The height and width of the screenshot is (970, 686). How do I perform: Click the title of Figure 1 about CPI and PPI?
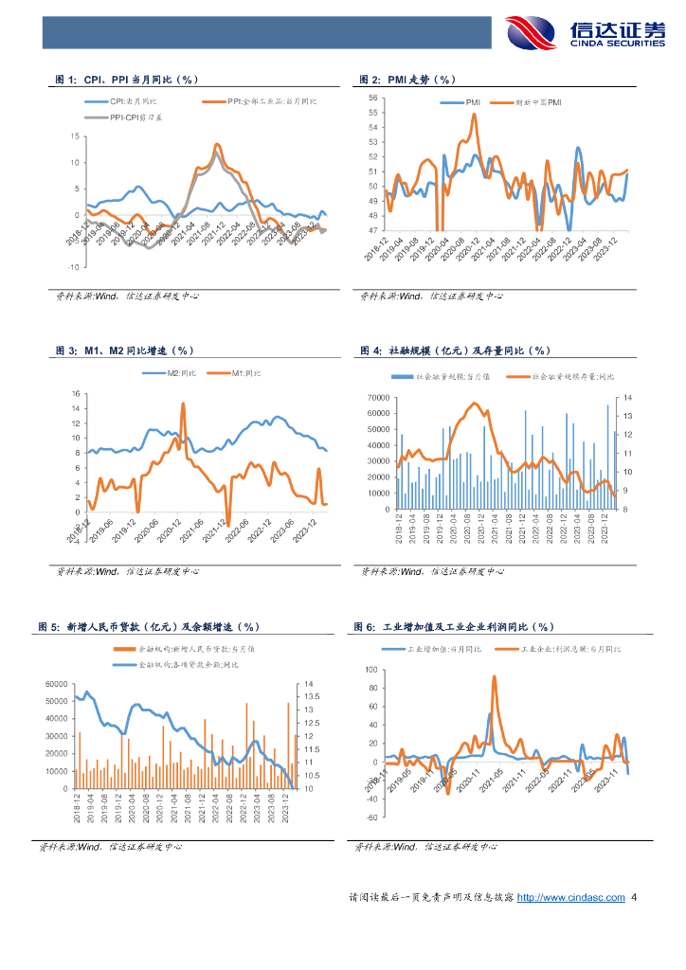pyautogui.click(x=127, y=80)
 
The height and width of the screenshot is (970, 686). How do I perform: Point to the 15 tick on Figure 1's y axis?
pyautogui.click(x=75, y=136)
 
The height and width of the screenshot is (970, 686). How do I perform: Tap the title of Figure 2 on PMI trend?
pyautogui.click(x=408, y=80)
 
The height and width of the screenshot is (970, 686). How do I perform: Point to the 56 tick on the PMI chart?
pyautogui.click(x=371, y=98)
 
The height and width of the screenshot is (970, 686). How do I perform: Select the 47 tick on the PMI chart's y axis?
pyautogui.click(x=371, y=230)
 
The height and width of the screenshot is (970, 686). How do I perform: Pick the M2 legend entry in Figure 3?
pyautogui.click(x=181, y=373)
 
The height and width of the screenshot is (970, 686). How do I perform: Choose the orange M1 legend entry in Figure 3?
pyautogui.click(x=245, y=373)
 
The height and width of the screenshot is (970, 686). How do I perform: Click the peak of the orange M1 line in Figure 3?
pyautogui.click(x=183, y=404)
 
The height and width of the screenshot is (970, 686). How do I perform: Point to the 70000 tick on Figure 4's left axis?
pyautogui.click(x=377, y=397)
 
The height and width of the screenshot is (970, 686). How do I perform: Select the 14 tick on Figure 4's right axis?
pyautogui.click(x=627, y=397)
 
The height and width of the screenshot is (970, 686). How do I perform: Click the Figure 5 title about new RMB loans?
pyautogui.click(x=148, y=627)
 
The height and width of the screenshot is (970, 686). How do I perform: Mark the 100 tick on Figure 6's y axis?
pyautogui.click(x=370, y=670)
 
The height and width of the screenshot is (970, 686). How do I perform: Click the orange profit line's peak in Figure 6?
pyautogui.click(x=494, y=676)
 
